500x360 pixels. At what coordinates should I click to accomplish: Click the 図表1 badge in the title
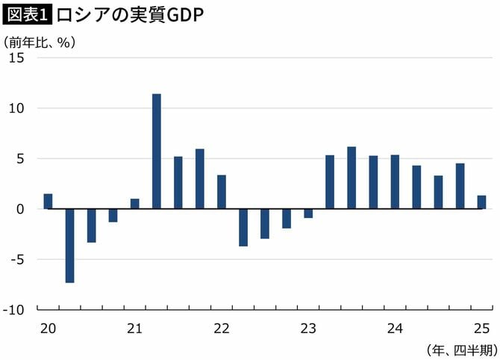point(28,15)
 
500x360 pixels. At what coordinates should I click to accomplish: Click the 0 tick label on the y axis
point(22,209)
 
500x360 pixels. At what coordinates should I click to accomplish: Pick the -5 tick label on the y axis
point(19,259)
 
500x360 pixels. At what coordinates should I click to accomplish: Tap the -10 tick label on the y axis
point(16,309)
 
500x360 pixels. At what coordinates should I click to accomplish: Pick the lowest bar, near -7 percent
point(69,246)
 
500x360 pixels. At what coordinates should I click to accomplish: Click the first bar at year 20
point(48,201)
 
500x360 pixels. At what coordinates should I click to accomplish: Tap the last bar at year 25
point(481,202)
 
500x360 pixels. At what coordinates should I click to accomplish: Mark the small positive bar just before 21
point(135,203)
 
